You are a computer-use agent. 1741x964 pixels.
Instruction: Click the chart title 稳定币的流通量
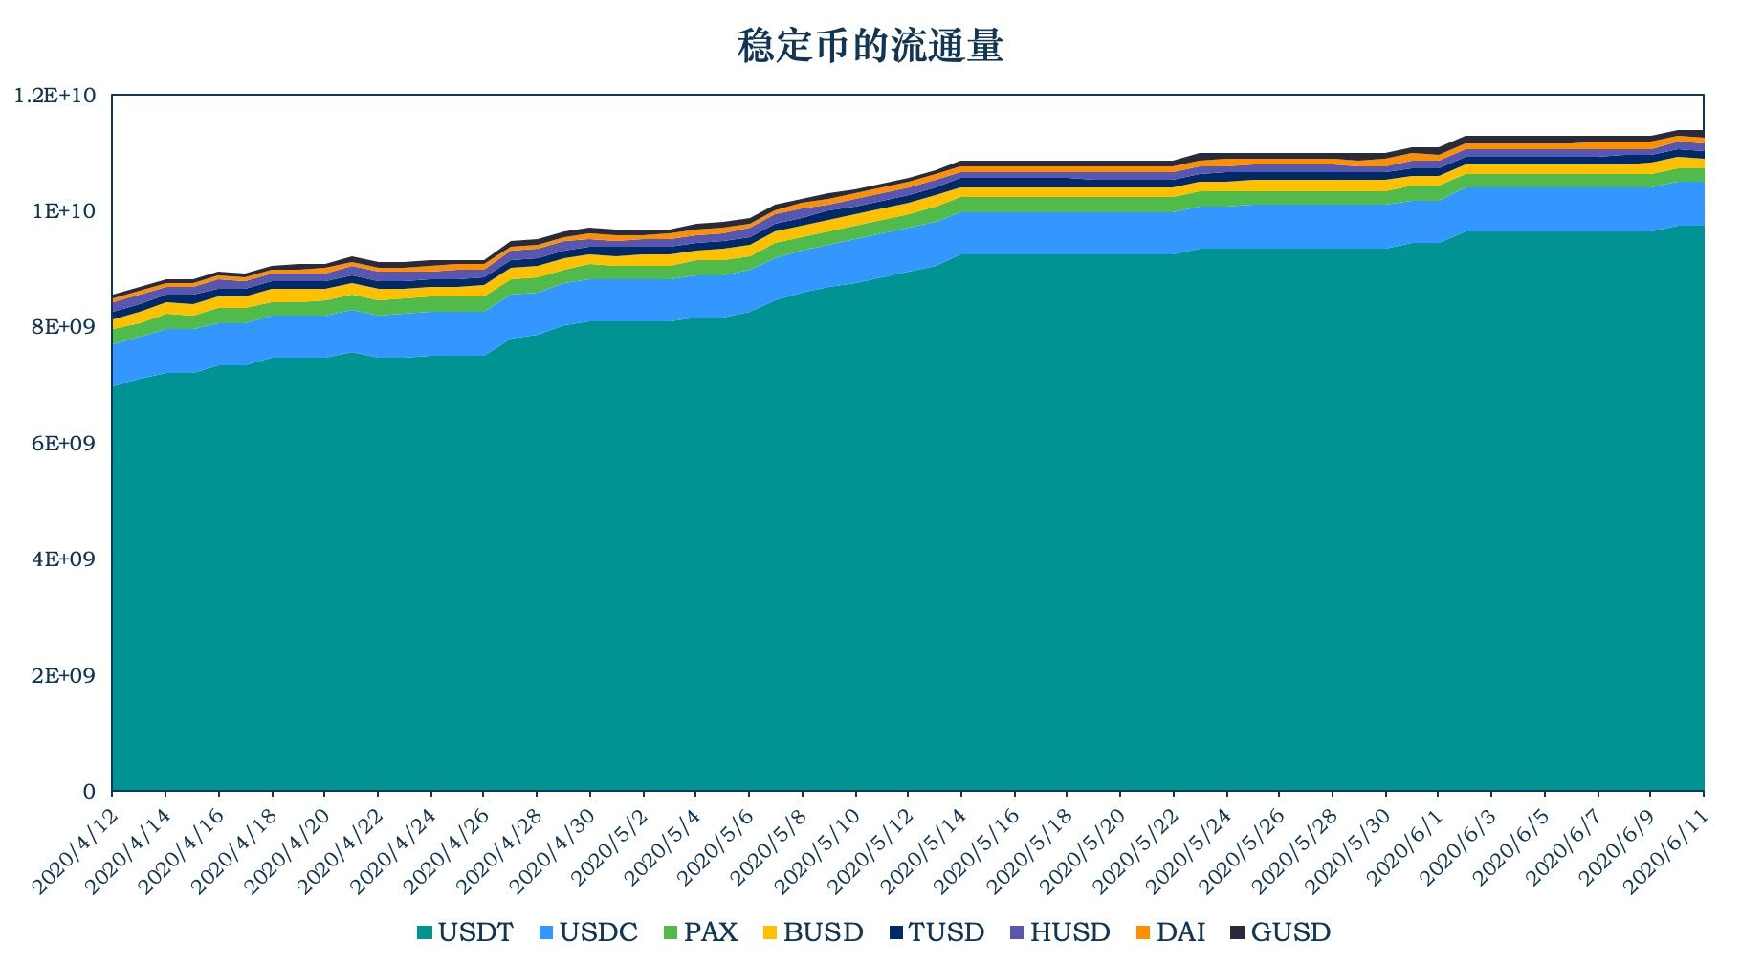click(x=870, y=46)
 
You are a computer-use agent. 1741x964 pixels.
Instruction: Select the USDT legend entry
click(x=465, y=932)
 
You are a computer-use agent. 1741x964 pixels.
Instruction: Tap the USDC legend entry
click(x=588, y=932)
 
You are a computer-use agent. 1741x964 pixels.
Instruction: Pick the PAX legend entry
click(x=700, y=932)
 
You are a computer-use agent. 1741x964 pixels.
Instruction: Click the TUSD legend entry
click(x=936, y=932)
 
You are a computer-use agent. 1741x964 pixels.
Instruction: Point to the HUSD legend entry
click(x=1060, y=932)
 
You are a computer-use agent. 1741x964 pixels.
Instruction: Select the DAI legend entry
click(x=1171, y=932)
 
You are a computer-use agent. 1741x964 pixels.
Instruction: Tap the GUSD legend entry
click(x=1280, y=932)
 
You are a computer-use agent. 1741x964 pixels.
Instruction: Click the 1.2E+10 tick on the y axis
click(x=55, y=96)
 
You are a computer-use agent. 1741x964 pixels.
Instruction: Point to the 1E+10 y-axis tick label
click(x=64, y=211)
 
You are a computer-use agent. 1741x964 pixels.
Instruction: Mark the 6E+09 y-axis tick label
click(x=64, y=444)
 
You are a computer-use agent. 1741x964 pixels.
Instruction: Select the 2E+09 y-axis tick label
click(x=64, y=676)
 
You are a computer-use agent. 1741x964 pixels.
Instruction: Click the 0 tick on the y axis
click(x=90, y=792)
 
